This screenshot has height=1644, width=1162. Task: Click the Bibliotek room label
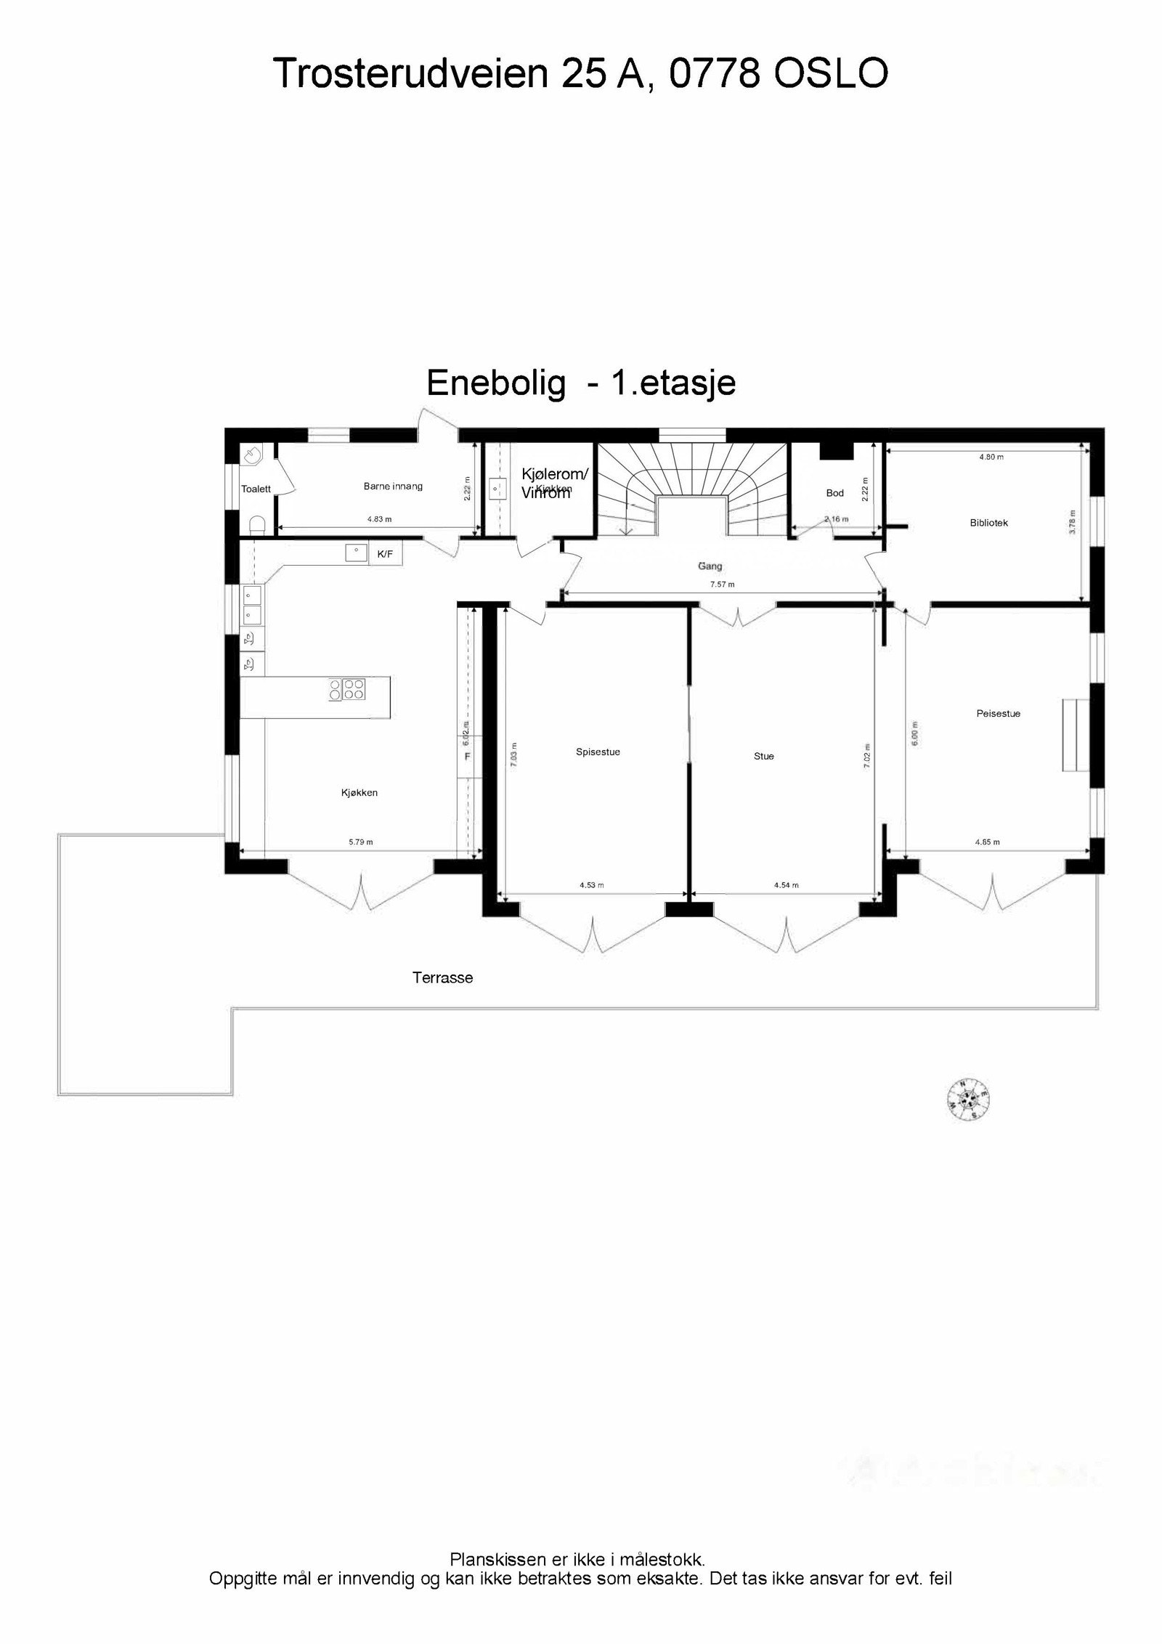point(988,523)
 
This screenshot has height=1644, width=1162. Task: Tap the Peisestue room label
point(998,714)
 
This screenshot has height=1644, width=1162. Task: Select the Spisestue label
point(598,752)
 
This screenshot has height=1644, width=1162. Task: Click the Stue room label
point(763,756)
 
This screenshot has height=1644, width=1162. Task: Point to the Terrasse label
point(442,977)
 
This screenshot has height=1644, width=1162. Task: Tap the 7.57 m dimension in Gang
point(722,585)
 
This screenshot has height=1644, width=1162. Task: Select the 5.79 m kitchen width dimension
point(360,842)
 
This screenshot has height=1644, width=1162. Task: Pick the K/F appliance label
point(385,554)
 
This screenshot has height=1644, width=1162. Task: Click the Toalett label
point(256,489)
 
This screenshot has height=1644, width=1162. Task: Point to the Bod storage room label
point(834,493)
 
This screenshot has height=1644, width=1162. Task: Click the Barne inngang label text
point(393,487)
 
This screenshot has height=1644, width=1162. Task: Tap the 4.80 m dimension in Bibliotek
point(991,457)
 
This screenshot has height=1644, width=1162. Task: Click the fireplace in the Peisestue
point(1074,735)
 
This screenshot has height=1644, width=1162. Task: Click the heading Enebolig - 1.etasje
point(581,383)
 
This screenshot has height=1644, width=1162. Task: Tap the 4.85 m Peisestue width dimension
point(987,842)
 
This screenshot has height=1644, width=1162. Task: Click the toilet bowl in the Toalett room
point(256,523)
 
